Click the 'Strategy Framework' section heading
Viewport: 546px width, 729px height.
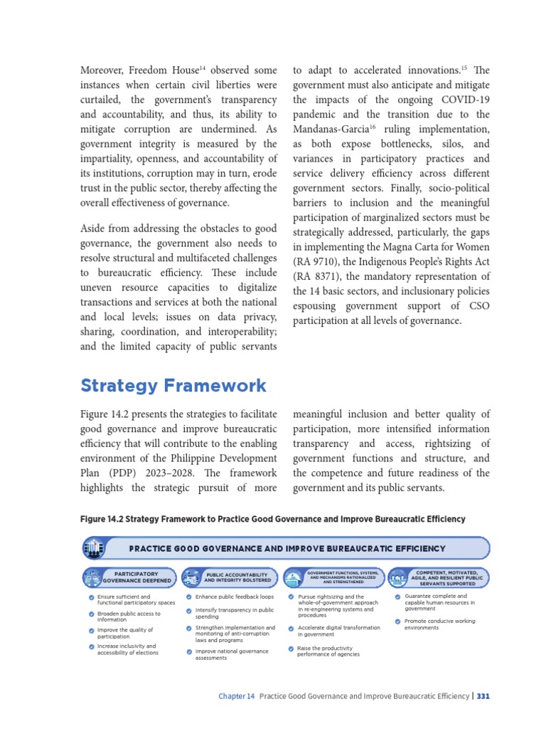click(173, 386)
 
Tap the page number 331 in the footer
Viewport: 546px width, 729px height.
click(483, 696)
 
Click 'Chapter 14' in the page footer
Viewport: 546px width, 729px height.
click(236, 696)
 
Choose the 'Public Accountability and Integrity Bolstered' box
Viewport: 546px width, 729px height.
click(235, 577)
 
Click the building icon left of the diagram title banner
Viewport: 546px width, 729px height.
click(93, 548)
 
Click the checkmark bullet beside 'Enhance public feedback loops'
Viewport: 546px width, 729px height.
click(189, 597)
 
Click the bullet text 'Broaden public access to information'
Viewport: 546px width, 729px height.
click(129, 617)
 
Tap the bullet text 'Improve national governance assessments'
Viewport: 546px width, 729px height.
click(231, 655)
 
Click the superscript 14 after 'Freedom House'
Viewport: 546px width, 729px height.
click(203, 68)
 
